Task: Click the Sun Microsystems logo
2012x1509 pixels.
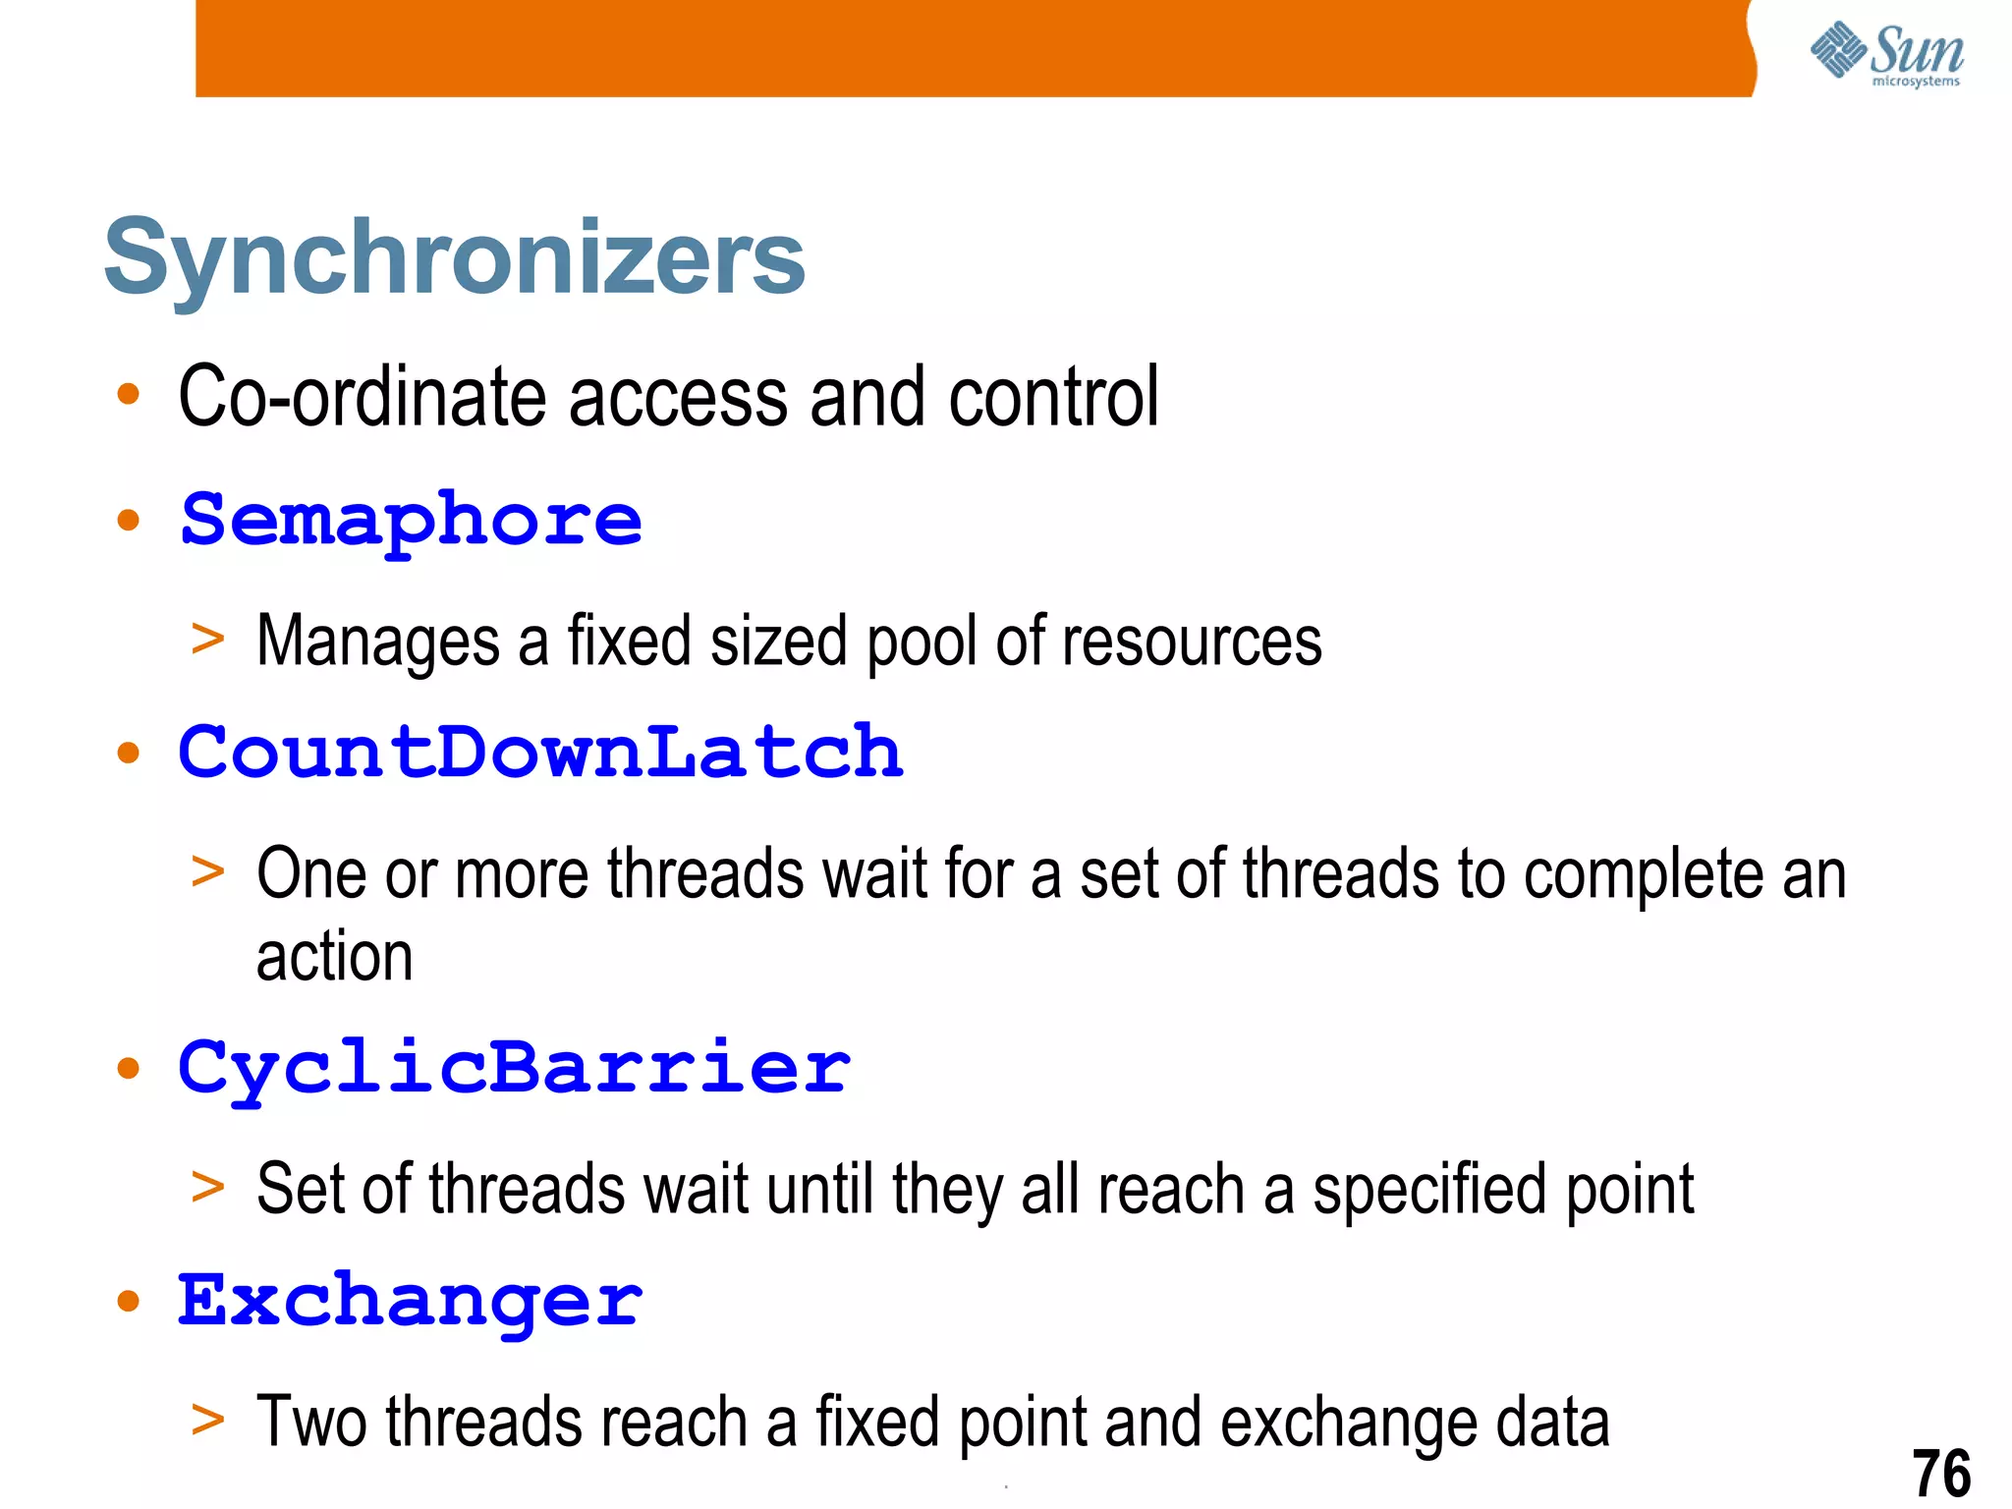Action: (1886, 53)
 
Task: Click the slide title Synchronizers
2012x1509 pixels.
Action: (454, 257)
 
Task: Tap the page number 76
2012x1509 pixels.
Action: (1941, 1473)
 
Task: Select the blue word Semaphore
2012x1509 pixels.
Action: (412, 521)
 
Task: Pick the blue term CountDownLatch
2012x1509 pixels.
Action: (540, 753)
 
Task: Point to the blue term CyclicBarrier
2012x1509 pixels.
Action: (514, 1068)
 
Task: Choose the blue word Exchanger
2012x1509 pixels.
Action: (410, 1301)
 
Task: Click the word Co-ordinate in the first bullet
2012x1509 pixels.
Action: (363, 397)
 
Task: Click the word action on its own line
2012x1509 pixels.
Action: (334, 958)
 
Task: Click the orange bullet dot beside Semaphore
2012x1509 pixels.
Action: (129, 520)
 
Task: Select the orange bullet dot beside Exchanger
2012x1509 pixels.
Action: (129, 1302)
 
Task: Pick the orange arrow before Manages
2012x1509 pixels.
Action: (208, 640)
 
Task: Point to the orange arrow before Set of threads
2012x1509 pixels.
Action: (208, 1187)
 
